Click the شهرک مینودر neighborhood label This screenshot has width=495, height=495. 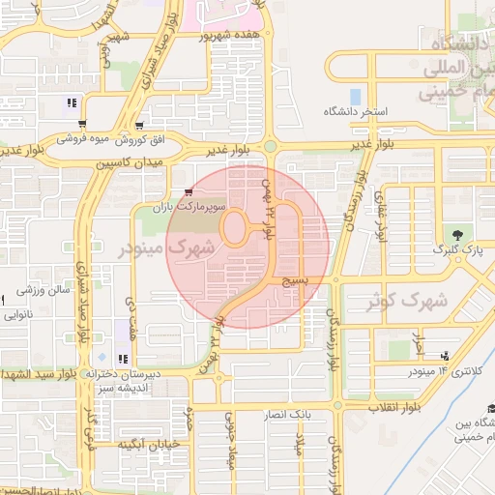point(165,248)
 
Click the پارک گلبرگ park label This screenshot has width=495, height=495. point(458,252)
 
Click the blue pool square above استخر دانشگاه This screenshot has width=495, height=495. point(356,97)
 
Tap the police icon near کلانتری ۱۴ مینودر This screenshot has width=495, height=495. point(444,356)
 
